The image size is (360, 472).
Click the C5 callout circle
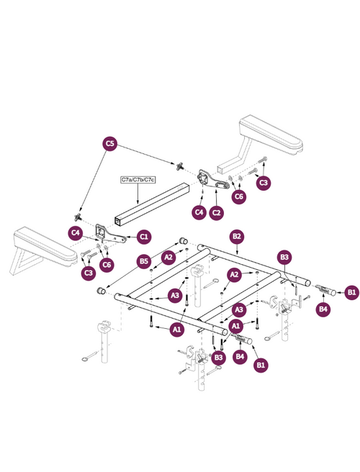(109, 144)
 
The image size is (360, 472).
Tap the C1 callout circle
(144, 236)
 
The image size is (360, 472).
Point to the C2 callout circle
(217, 212)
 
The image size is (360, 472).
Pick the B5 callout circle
(144, 260)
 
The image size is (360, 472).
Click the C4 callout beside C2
(199, 212)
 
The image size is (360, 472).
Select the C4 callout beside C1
(74, 232)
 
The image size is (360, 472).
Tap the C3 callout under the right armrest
(264, 183)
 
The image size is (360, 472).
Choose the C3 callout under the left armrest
(89, 272)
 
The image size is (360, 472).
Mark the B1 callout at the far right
(351, 291)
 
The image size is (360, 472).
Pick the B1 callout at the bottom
(261, 366)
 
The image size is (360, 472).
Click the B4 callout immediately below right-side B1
(324, 309)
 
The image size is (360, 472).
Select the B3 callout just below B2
(284, 257)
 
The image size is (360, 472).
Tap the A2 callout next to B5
(168, 257)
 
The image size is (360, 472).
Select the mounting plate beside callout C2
(210, 180)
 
